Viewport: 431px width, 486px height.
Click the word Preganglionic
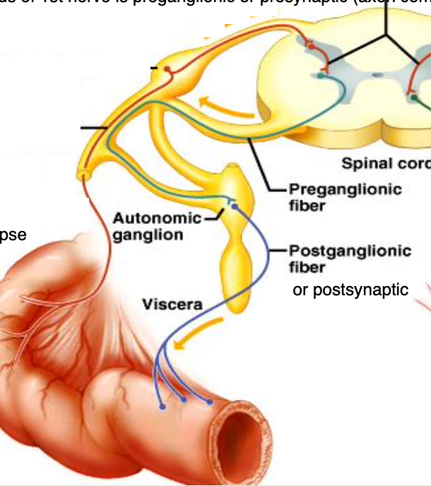(x=345, y=189)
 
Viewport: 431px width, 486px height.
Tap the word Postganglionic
(x=350, y=251)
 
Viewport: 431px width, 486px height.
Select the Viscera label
(x=172, y=305)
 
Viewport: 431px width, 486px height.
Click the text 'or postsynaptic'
(x=350, y=290)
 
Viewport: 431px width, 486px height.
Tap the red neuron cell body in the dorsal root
(x=167, y=69)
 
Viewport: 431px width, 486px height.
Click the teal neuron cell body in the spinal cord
(x=322, y=74)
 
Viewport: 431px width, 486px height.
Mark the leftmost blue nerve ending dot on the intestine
(x=163, y=407)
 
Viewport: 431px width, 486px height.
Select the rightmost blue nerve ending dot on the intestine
(x=210, y=402)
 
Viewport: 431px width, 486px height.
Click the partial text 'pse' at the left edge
(x=13, y=234)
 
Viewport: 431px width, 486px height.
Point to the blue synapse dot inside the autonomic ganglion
(x=234, y=206)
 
